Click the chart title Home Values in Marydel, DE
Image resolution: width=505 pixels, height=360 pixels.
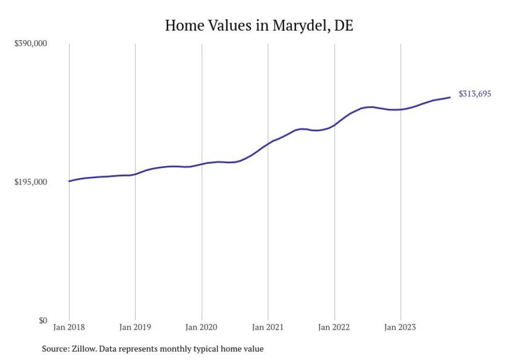pos(259,25)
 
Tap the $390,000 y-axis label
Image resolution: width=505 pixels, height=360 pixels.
pos(30,43)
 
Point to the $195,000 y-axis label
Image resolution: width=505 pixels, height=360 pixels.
pos(30,182)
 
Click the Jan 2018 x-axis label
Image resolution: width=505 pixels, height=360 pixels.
pos(69,327)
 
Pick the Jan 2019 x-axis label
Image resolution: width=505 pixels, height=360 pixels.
pos(135,327)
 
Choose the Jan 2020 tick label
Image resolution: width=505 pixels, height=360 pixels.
pos(201,327)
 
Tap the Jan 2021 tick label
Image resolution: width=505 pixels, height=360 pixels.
pos(268,327)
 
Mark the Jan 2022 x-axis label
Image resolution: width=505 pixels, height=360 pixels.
pos(334,327)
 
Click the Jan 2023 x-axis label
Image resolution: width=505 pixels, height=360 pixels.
pos(400,327)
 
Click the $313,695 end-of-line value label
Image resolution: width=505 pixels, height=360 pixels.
pos(475,94)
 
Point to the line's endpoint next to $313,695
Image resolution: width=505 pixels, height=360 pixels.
pos(450,97)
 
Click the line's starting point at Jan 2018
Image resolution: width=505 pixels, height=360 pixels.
pos(69,181)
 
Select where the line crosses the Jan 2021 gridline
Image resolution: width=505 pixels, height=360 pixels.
pos(268,143)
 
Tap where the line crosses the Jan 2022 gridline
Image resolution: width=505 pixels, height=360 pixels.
pos(334,125)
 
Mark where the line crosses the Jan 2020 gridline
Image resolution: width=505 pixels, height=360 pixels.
pos(201,164)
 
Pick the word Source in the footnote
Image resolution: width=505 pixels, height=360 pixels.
pos(54,349)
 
